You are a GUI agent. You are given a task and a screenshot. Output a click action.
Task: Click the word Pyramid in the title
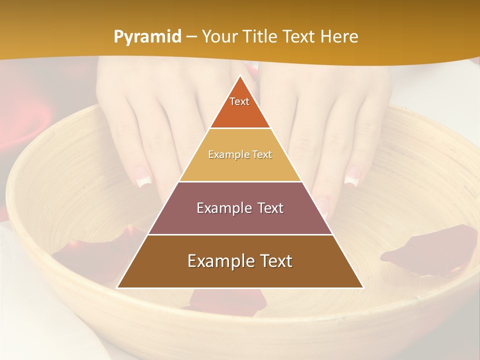click(x=147, y=37)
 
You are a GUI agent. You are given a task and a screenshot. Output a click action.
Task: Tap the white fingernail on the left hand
click(x=143, y=177)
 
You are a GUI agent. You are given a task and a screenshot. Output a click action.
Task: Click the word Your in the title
click(x=220, y=37)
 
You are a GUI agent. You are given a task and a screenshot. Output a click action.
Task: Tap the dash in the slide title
click(x=191, y=37)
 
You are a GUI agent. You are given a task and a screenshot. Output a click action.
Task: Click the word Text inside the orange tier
click(x=239, y=101)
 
